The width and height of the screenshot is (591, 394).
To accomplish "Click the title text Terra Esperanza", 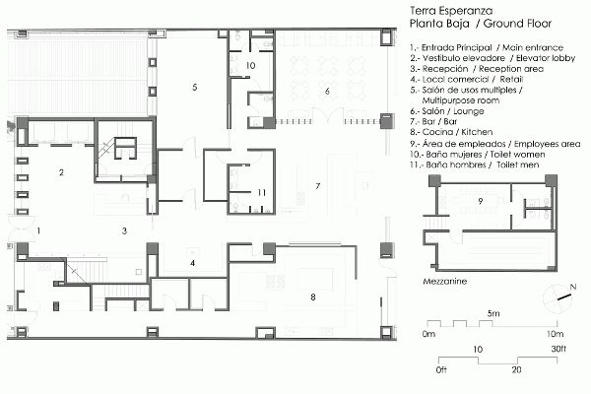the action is (451, 10).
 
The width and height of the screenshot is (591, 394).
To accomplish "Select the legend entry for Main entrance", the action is (487, 48).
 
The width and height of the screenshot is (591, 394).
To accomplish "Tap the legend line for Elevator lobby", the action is (492, 58).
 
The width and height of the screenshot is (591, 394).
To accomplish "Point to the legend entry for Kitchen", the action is (451, 132).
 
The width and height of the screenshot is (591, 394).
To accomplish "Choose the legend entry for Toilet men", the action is (475, 164).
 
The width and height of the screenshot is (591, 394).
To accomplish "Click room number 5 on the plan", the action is (194, 87).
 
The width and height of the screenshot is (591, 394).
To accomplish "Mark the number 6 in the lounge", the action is (327, 91).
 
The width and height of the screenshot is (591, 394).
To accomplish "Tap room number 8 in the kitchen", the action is (313, 297).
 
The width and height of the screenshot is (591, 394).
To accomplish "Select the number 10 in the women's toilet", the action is (250, 66).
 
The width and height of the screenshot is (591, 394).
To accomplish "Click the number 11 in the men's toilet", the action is (262, 193).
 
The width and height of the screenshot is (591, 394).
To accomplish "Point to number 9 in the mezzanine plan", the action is (481, 201).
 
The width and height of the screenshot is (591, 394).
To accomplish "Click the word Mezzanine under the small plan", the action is (445, 282).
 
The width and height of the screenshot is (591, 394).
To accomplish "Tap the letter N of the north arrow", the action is (573, 288).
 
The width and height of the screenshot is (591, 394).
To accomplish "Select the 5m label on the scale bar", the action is (493, 313).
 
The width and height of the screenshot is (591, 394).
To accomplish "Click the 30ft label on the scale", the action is (558, 349).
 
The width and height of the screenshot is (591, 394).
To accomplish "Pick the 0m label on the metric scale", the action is (428, 334).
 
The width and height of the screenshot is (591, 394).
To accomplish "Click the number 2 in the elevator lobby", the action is (61, 172).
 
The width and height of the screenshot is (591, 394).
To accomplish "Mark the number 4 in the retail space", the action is (193, 263).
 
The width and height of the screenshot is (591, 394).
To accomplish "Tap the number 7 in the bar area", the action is (318, 186).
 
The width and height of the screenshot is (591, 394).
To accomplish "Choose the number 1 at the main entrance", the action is (38, 230).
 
